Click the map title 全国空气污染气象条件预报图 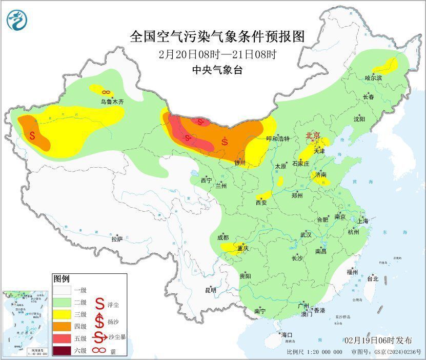click(x=217, y=36)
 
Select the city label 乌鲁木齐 click(x=112, y=102)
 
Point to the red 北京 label click(x=313, y=136)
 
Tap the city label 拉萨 click(x=117, y=239)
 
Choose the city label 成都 click(x=223, y=237)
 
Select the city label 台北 click(x=372, y=279)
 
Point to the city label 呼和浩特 click(x=278, y=139)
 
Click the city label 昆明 click(x=211, y=290)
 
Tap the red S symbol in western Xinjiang click(x=32, y=136)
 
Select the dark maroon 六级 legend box click(x=64, y=351)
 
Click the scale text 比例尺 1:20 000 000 click(x=314, y=352)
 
